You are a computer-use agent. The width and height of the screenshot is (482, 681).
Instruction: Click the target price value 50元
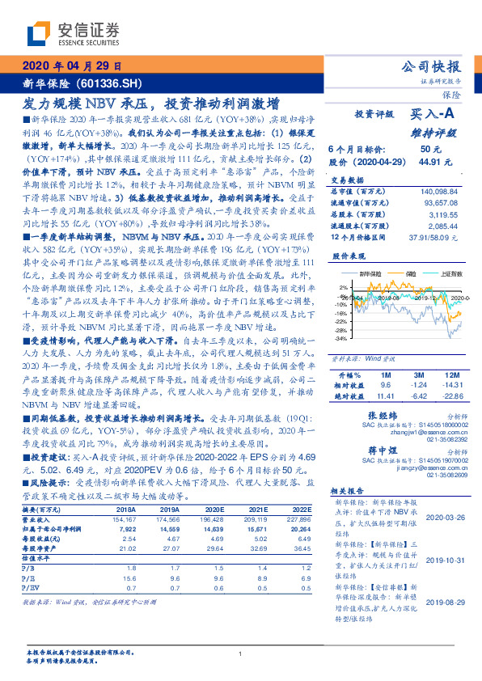coord(429,150)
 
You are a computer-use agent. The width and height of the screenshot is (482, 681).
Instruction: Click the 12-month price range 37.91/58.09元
coord(439,238)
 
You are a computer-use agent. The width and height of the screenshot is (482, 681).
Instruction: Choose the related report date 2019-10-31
coord(442,557)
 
